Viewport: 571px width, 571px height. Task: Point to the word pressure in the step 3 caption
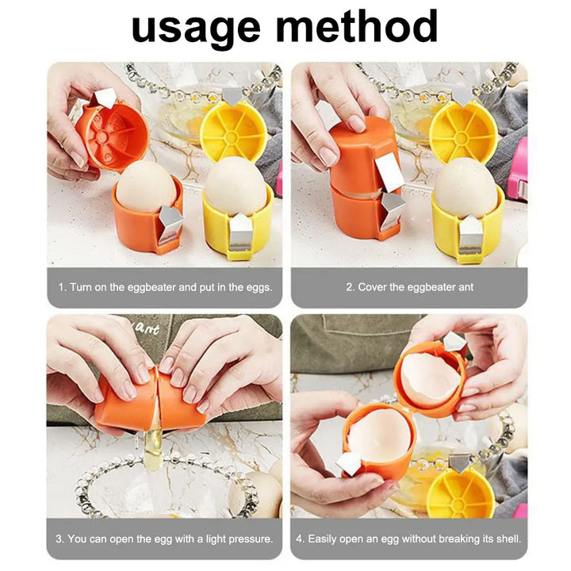(x=247, y=538)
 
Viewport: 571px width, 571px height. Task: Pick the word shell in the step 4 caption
(x=505, y=538)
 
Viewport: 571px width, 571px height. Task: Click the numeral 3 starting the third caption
(x=59, y=538)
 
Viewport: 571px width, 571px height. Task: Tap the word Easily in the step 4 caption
(x=324, y=538)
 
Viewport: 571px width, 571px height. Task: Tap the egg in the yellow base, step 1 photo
(x=236, y=185)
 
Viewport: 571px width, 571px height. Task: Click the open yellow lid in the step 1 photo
(x=232, y=131)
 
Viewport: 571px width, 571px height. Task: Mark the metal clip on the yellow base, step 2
(x=470, y=235)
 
